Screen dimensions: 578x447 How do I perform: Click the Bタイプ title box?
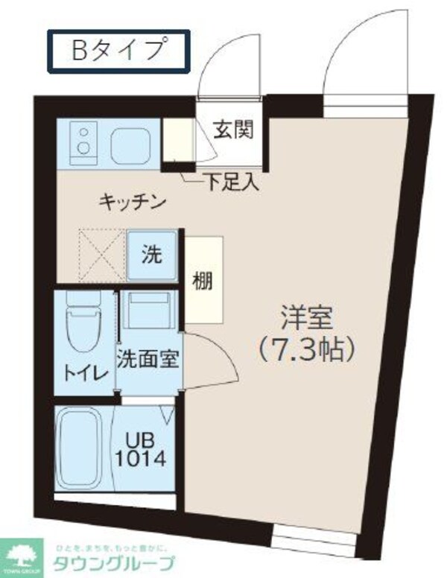[x=119, y=51]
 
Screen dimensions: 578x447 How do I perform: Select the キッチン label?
[x=131, y=200]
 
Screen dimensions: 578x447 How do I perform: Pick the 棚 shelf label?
[x=202, y=281]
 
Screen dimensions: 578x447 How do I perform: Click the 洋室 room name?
[x=306, y=317]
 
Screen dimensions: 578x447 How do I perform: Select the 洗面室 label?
[x=146, y=358]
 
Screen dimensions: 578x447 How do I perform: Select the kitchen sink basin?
[x=131, y=144]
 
